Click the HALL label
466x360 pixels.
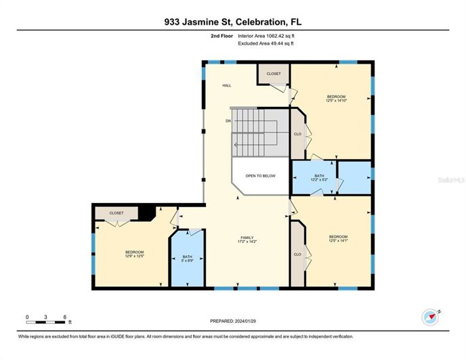coord(227,86)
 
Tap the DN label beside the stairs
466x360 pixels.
coord(228,120)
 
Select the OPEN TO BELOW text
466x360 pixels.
coord(261,176)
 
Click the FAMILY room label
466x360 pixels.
coord(247,238)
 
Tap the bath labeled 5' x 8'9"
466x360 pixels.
coord(187,261)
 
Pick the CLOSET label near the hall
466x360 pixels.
coord(273,73)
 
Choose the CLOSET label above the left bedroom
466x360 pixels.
coord(116,212)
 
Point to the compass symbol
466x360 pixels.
coord(430,315)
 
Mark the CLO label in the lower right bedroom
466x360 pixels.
coord(297,254)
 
